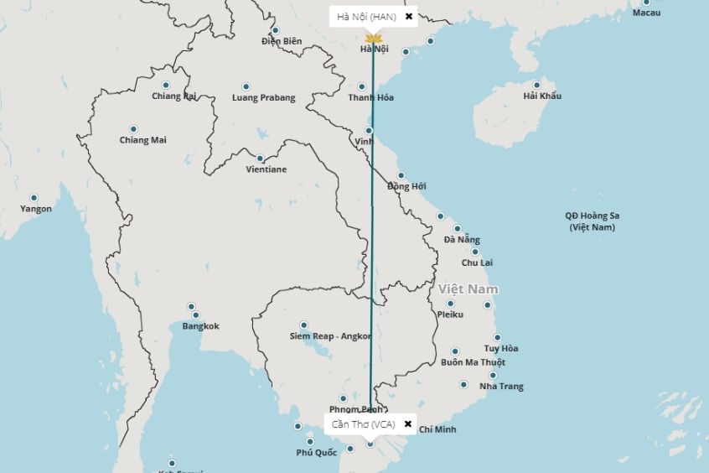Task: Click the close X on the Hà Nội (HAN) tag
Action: [x=409, y=16]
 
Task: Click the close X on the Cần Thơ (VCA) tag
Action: [x=408, y=424]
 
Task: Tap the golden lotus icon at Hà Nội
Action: [x=374, y=39]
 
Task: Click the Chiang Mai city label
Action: [x=142, y=140]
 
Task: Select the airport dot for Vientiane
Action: [x=260, y=159]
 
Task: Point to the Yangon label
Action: [x=36, y=209]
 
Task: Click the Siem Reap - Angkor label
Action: [x=330, y=336]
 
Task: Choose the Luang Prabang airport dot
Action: [x=246, y=86]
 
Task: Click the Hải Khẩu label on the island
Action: [x=542, y=96]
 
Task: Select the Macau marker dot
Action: [x=646, y=3]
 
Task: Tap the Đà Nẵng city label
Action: [x=462, y=240]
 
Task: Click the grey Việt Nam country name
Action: [x=468, y=289]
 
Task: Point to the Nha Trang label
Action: [x=501, y=387]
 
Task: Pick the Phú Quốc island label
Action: [x=316, y=453]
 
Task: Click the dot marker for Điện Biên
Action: [x=275, y=30]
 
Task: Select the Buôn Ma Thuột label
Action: [x=473, y=362]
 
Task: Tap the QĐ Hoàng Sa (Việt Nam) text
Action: [x=592, y=221]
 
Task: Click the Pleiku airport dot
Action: [x=450, y=304]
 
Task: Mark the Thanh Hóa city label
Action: [x=371, y=98]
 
